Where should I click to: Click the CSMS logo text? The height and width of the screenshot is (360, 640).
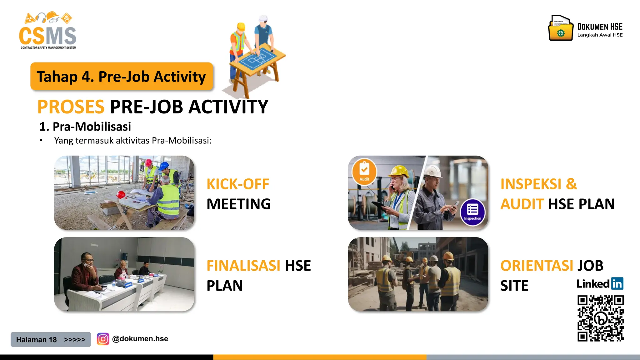pos(47,36)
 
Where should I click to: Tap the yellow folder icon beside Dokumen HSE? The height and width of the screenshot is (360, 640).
pos(561,29)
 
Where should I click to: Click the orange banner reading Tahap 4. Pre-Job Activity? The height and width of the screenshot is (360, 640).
pos(122,77)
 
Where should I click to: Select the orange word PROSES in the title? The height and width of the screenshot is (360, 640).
pos(71,107)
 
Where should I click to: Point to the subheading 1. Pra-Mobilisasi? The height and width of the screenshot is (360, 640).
pos(85,127)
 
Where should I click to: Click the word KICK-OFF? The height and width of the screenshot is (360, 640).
pos(237,184)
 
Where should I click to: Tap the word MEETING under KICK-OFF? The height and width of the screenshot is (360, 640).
pos(238,204)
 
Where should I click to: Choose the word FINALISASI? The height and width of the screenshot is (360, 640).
pos(243,266)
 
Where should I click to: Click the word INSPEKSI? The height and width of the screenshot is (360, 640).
pos(531,184)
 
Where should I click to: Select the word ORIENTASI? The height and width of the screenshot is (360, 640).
pos(537,266)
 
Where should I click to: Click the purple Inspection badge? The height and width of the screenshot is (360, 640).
pos(472,212)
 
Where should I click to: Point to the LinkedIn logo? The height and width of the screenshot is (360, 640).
pos(600,284)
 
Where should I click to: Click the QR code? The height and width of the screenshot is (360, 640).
pos(600,318)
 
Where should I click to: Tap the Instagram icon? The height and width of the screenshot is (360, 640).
pos(103,339)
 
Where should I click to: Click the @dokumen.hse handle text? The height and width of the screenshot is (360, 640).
pos(140,339)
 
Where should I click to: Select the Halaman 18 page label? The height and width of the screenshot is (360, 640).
pos(37,340)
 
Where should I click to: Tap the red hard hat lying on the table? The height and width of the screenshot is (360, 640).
pos(121,195)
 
